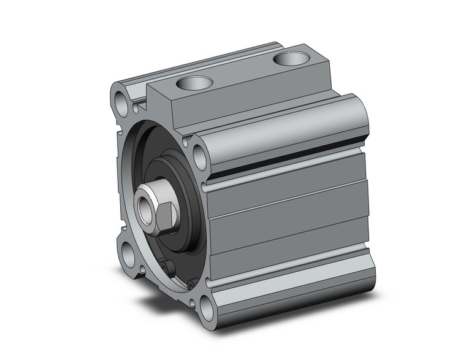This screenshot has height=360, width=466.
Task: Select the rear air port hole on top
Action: [x=291, y=59]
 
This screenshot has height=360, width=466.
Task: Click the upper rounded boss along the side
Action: [x=288, y=132]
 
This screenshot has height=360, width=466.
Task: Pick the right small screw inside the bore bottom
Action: [x=191, y=283]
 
